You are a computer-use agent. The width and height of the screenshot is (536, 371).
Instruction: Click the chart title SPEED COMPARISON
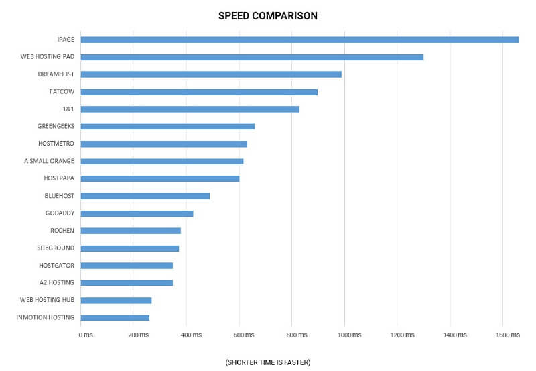click(267, 15)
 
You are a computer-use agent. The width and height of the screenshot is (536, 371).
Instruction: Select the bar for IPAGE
click(299, 40)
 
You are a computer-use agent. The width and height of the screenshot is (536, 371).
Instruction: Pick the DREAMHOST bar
click(211, 74)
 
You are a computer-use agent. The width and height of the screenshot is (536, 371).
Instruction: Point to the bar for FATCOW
click(199, 92)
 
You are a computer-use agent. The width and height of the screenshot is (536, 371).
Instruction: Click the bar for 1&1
click(190, 109)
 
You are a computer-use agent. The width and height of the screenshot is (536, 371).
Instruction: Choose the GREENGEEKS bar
click(167, 126)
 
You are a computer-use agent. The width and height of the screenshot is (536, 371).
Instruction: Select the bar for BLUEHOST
click(145, 196)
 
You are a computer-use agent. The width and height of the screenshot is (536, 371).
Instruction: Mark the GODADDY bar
click(137, 213)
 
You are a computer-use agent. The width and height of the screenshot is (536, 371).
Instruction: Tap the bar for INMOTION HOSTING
click(115, 317)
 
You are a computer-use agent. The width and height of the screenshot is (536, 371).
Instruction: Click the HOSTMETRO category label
click(56, 144)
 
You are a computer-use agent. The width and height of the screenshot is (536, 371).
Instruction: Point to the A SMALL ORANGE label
click(49, 161)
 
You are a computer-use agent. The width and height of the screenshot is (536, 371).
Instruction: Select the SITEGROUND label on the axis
click(56, 248)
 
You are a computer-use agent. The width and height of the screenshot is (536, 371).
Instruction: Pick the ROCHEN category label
click(62, 231)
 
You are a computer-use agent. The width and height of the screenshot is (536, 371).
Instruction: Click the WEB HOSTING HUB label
click(47, 300)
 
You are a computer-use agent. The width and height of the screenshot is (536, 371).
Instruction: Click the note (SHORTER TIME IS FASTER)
click(268, 362)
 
